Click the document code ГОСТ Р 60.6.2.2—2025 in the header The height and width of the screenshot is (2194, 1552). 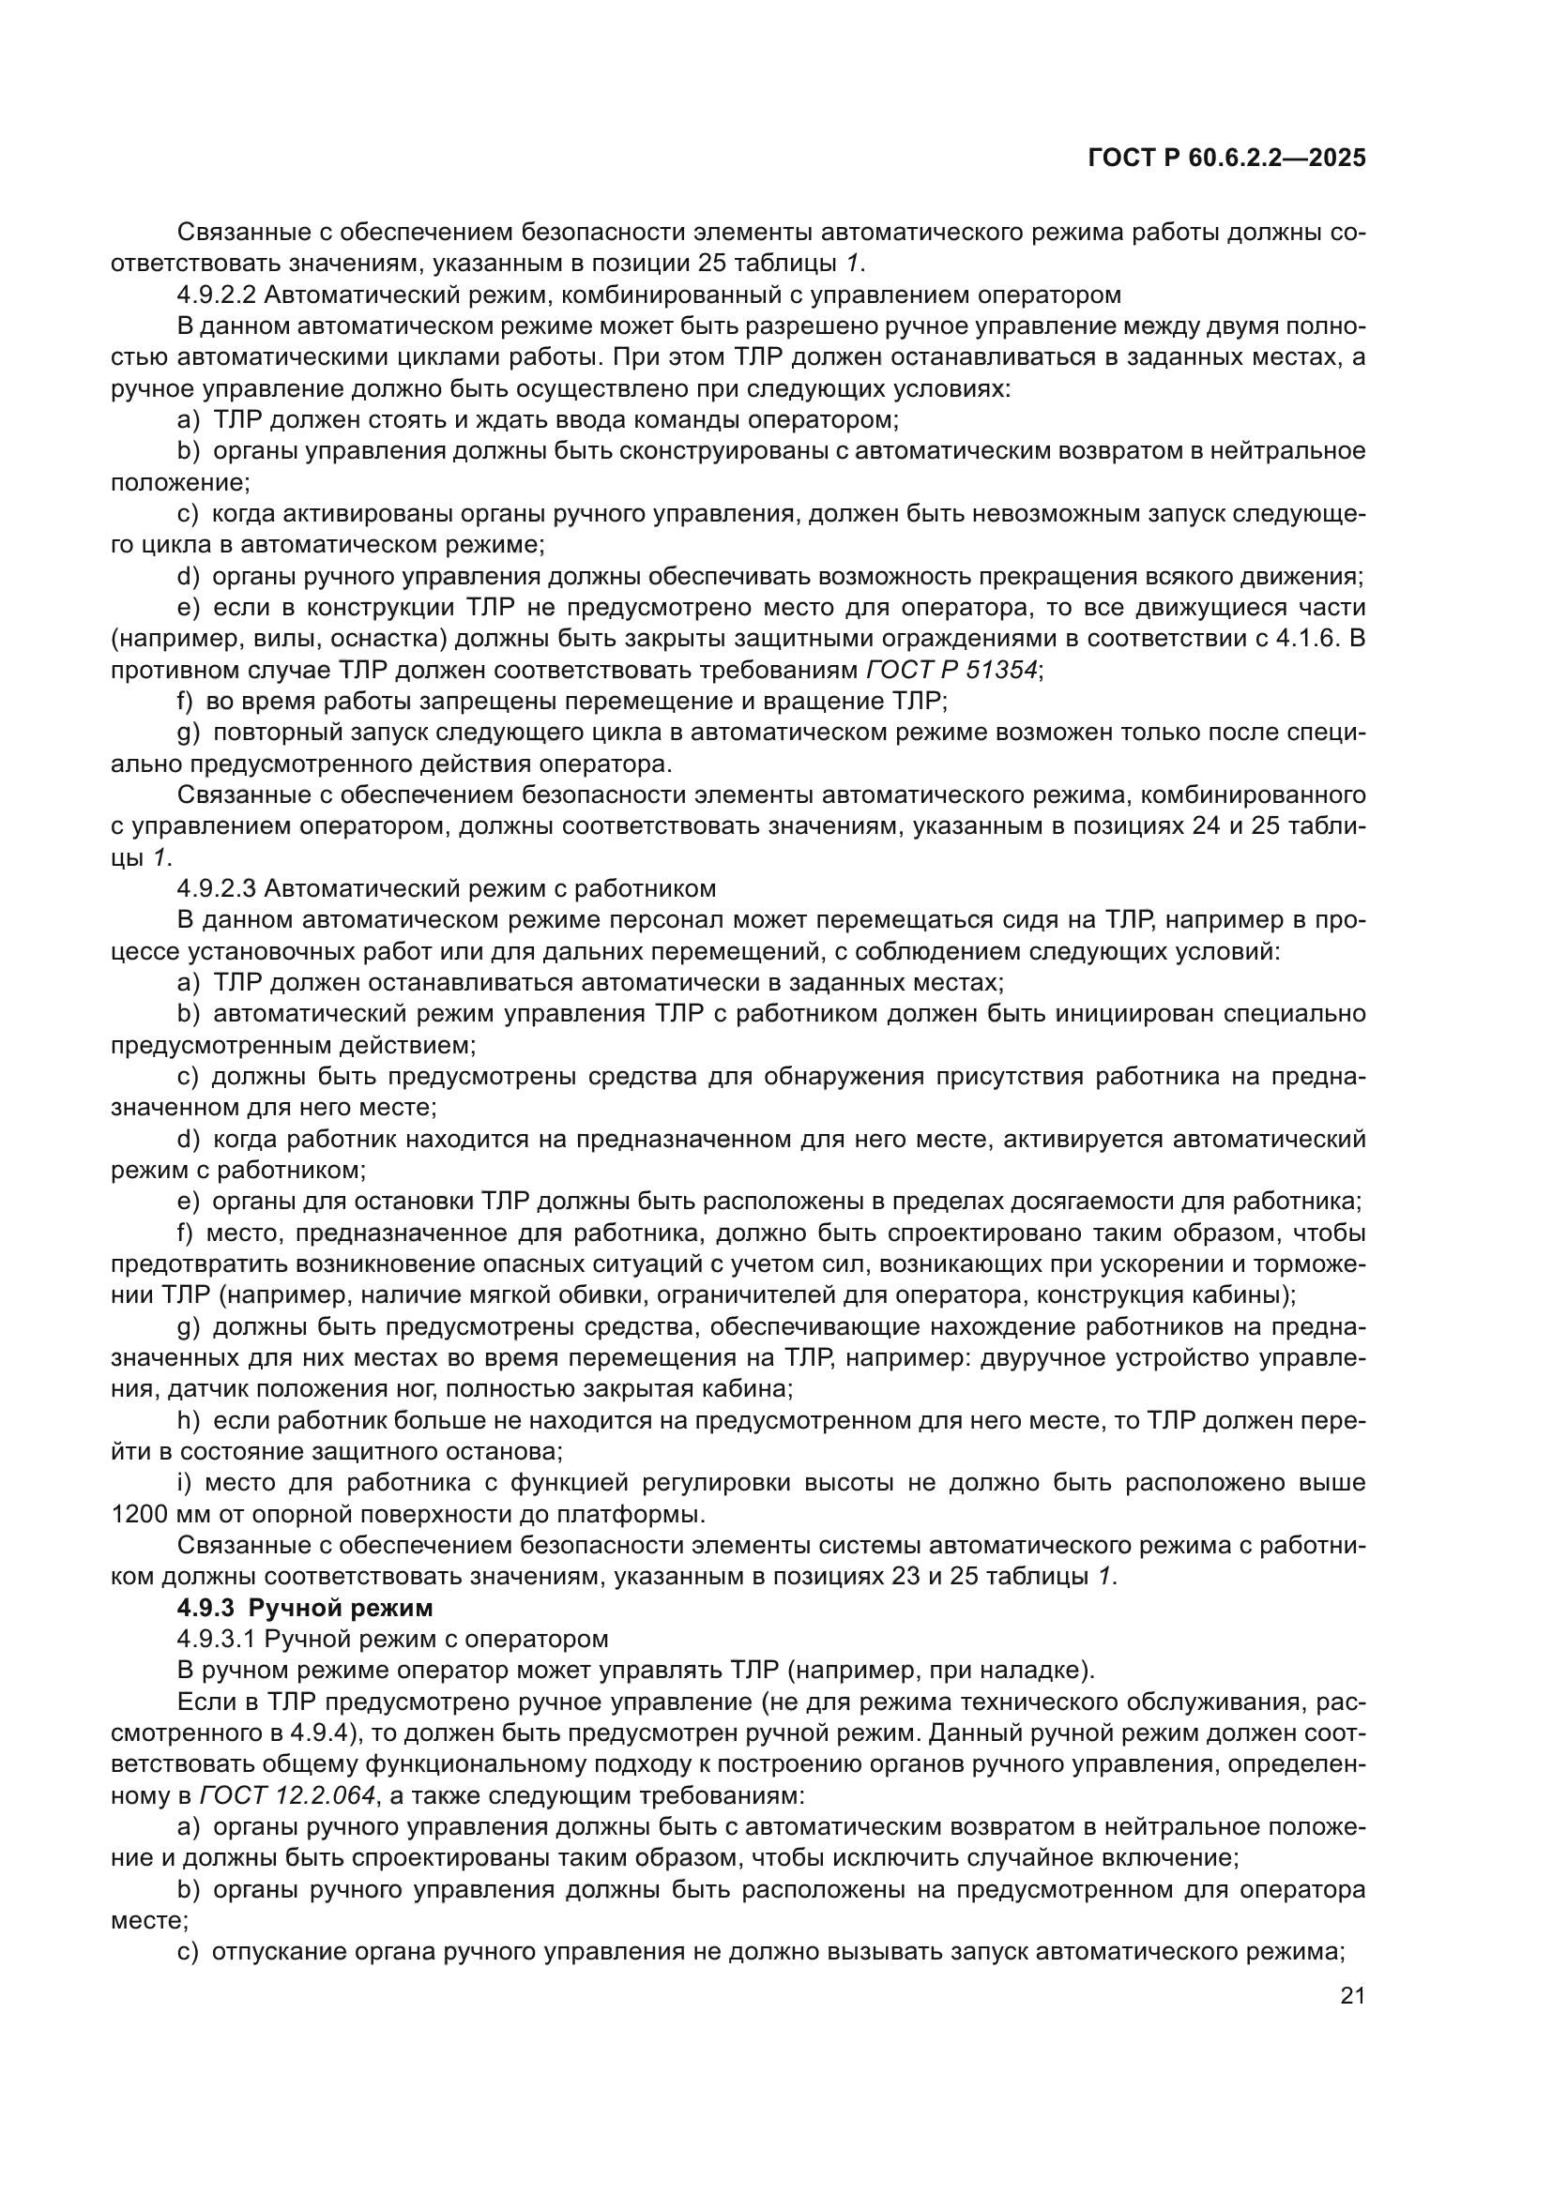[x=1227, y=159]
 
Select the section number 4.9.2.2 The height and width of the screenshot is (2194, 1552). [x=216, y=295]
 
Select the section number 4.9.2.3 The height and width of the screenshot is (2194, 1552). [x=216, y=888]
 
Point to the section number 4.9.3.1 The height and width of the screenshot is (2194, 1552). [x=216, y=1639]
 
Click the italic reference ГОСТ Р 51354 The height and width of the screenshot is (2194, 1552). [x=951, y=670]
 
